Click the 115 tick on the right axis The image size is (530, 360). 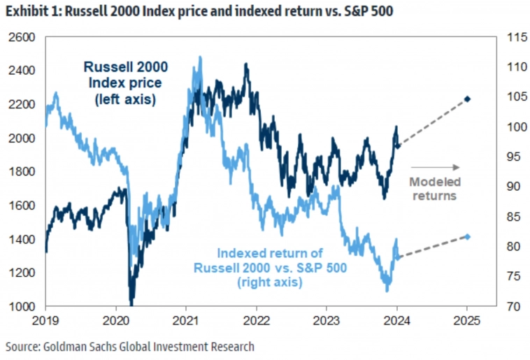point(514,36)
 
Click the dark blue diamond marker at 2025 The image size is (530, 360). point(468,99)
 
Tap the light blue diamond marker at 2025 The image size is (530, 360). point(468,237)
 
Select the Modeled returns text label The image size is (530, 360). point(434,189)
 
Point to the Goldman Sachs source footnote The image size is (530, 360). point(130,346)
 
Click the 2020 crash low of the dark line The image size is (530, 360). point(131,301)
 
